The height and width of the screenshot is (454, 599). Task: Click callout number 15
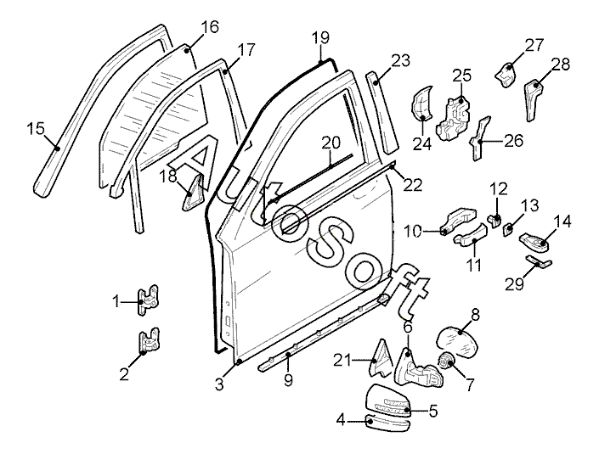coord(35,129)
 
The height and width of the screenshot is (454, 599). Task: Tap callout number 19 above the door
coord(319,37)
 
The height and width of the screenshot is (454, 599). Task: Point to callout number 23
coord(400,61)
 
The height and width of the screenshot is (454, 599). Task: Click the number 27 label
coord(533,44)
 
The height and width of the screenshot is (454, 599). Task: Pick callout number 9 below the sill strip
coord(288,380)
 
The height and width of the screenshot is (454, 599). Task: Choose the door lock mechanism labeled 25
coord(455,116)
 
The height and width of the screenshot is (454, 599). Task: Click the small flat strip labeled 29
coord(537,263)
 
